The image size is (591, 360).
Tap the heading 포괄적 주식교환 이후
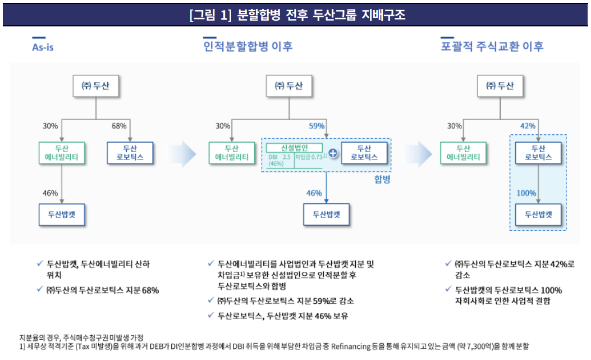pos(492,47)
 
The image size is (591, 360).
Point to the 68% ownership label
pos(119,126)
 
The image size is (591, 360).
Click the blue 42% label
pos(528,126)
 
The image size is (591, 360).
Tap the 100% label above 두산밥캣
pos(526,193)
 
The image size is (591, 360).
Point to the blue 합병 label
pos(382,180)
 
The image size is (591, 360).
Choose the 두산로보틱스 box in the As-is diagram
pos(130,153)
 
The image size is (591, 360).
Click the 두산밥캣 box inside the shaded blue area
pos(538,214)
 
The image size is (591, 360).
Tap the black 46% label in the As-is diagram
pos(51,193)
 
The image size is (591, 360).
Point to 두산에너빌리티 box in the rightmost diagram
pos(463,153)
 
